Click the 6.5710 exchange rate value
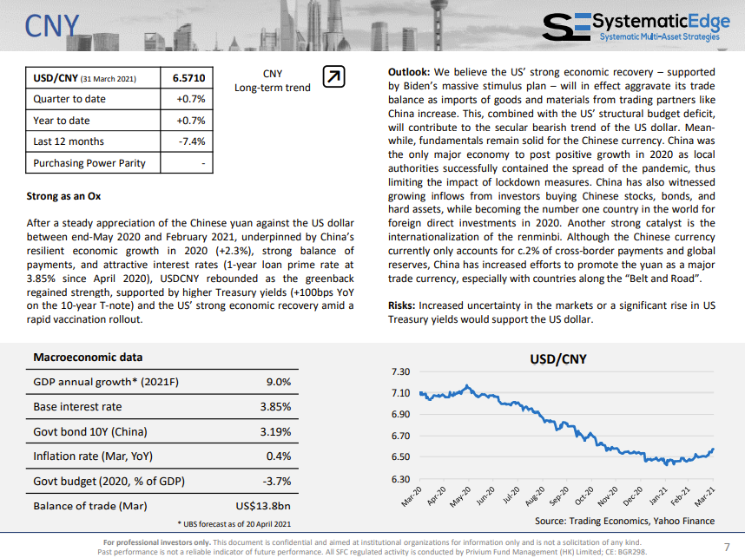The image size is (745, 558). coord(188,78)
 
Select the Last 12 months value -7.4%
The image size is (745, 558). coord(192,141)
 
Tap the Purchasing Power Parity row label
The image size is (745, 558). coord(89,163)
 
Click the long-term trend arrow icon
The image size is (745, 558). coord(333,76)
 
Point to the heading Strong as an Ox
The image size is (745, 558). coord(63,196)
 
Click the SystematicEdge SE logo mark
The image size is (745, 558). coord(566,27)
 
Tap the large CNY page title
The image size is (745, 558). coord(52,26)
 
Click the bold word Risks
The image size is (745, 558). coord(401,305)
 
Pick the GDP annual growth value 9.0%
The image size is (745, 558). coord(279,382)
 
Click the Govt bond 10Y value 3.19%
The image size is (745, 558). coord(275,431)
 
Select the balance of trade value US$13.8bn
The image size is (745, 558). coord(263,506)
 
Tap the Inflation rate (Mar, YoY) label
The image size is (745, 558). coord(93,456)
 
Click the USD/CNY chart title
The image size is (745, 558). coord(558,359)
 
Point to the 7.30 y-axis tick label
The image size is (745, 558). coord(400,371)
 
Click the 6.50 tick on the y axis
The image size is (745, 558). coord(400,456)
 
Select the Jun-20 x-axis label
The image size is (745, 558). coord(485,496)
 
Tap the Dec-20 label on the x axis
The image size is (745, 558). coord(633,496)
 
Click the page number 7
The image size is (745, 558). coord(727,547)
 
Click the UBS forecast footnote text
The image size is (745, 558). coord(234,524)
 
